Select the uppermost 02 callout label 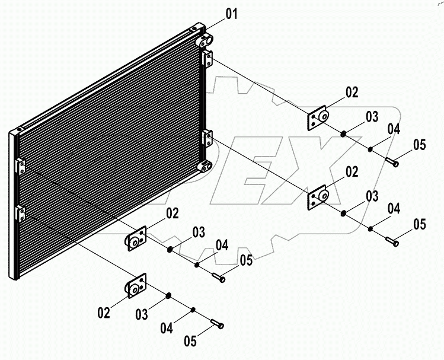352,92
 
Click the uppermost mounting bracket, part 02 318,119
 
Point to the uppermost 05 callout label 420,144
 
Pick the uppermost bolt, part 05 391,161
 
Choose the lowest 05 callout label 189,342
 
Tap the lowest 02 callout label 104,313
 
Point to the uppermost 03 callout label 372,117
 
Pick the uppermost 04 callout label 394,129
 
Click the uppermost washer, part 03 343,133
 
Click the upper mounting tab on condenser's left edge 20,165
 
